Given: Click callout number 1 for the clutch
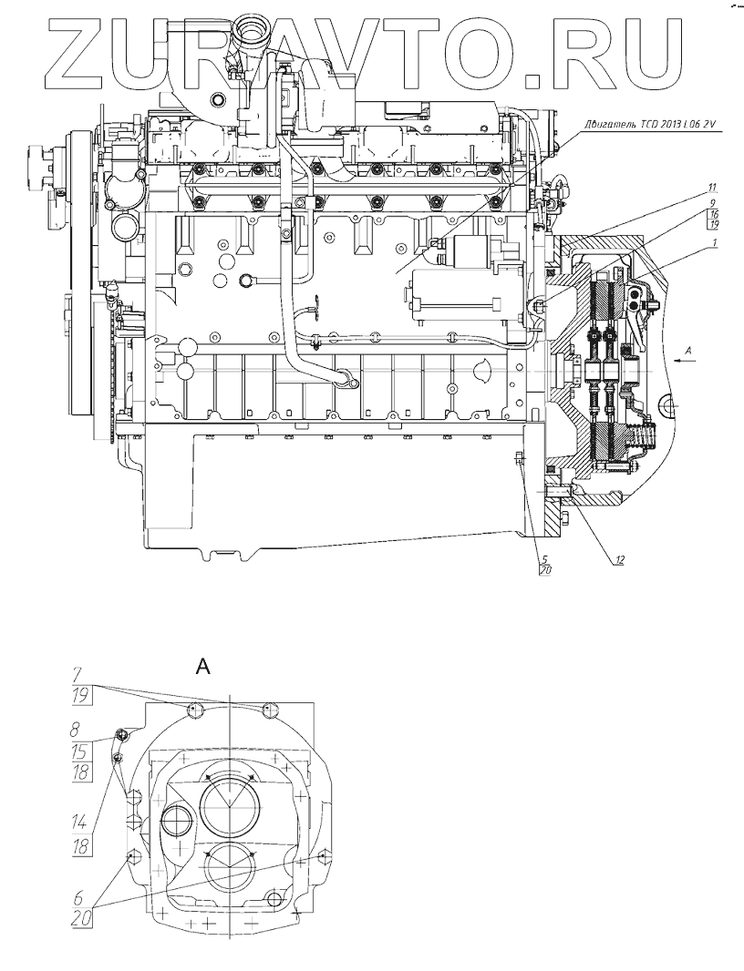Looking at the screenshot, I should click(715, 242).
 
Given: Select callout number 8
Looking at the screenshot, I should click(78, 730).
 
